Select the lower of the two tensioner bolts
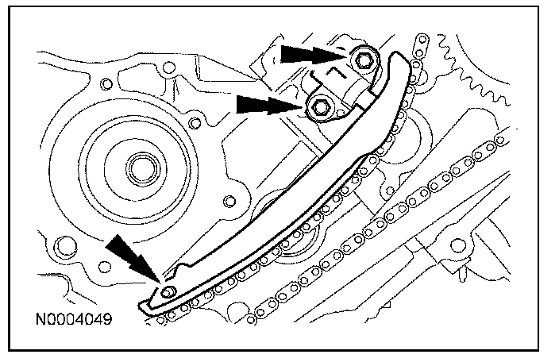tap(322, 106)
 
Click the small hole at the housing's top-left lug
tap(106, 82)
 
